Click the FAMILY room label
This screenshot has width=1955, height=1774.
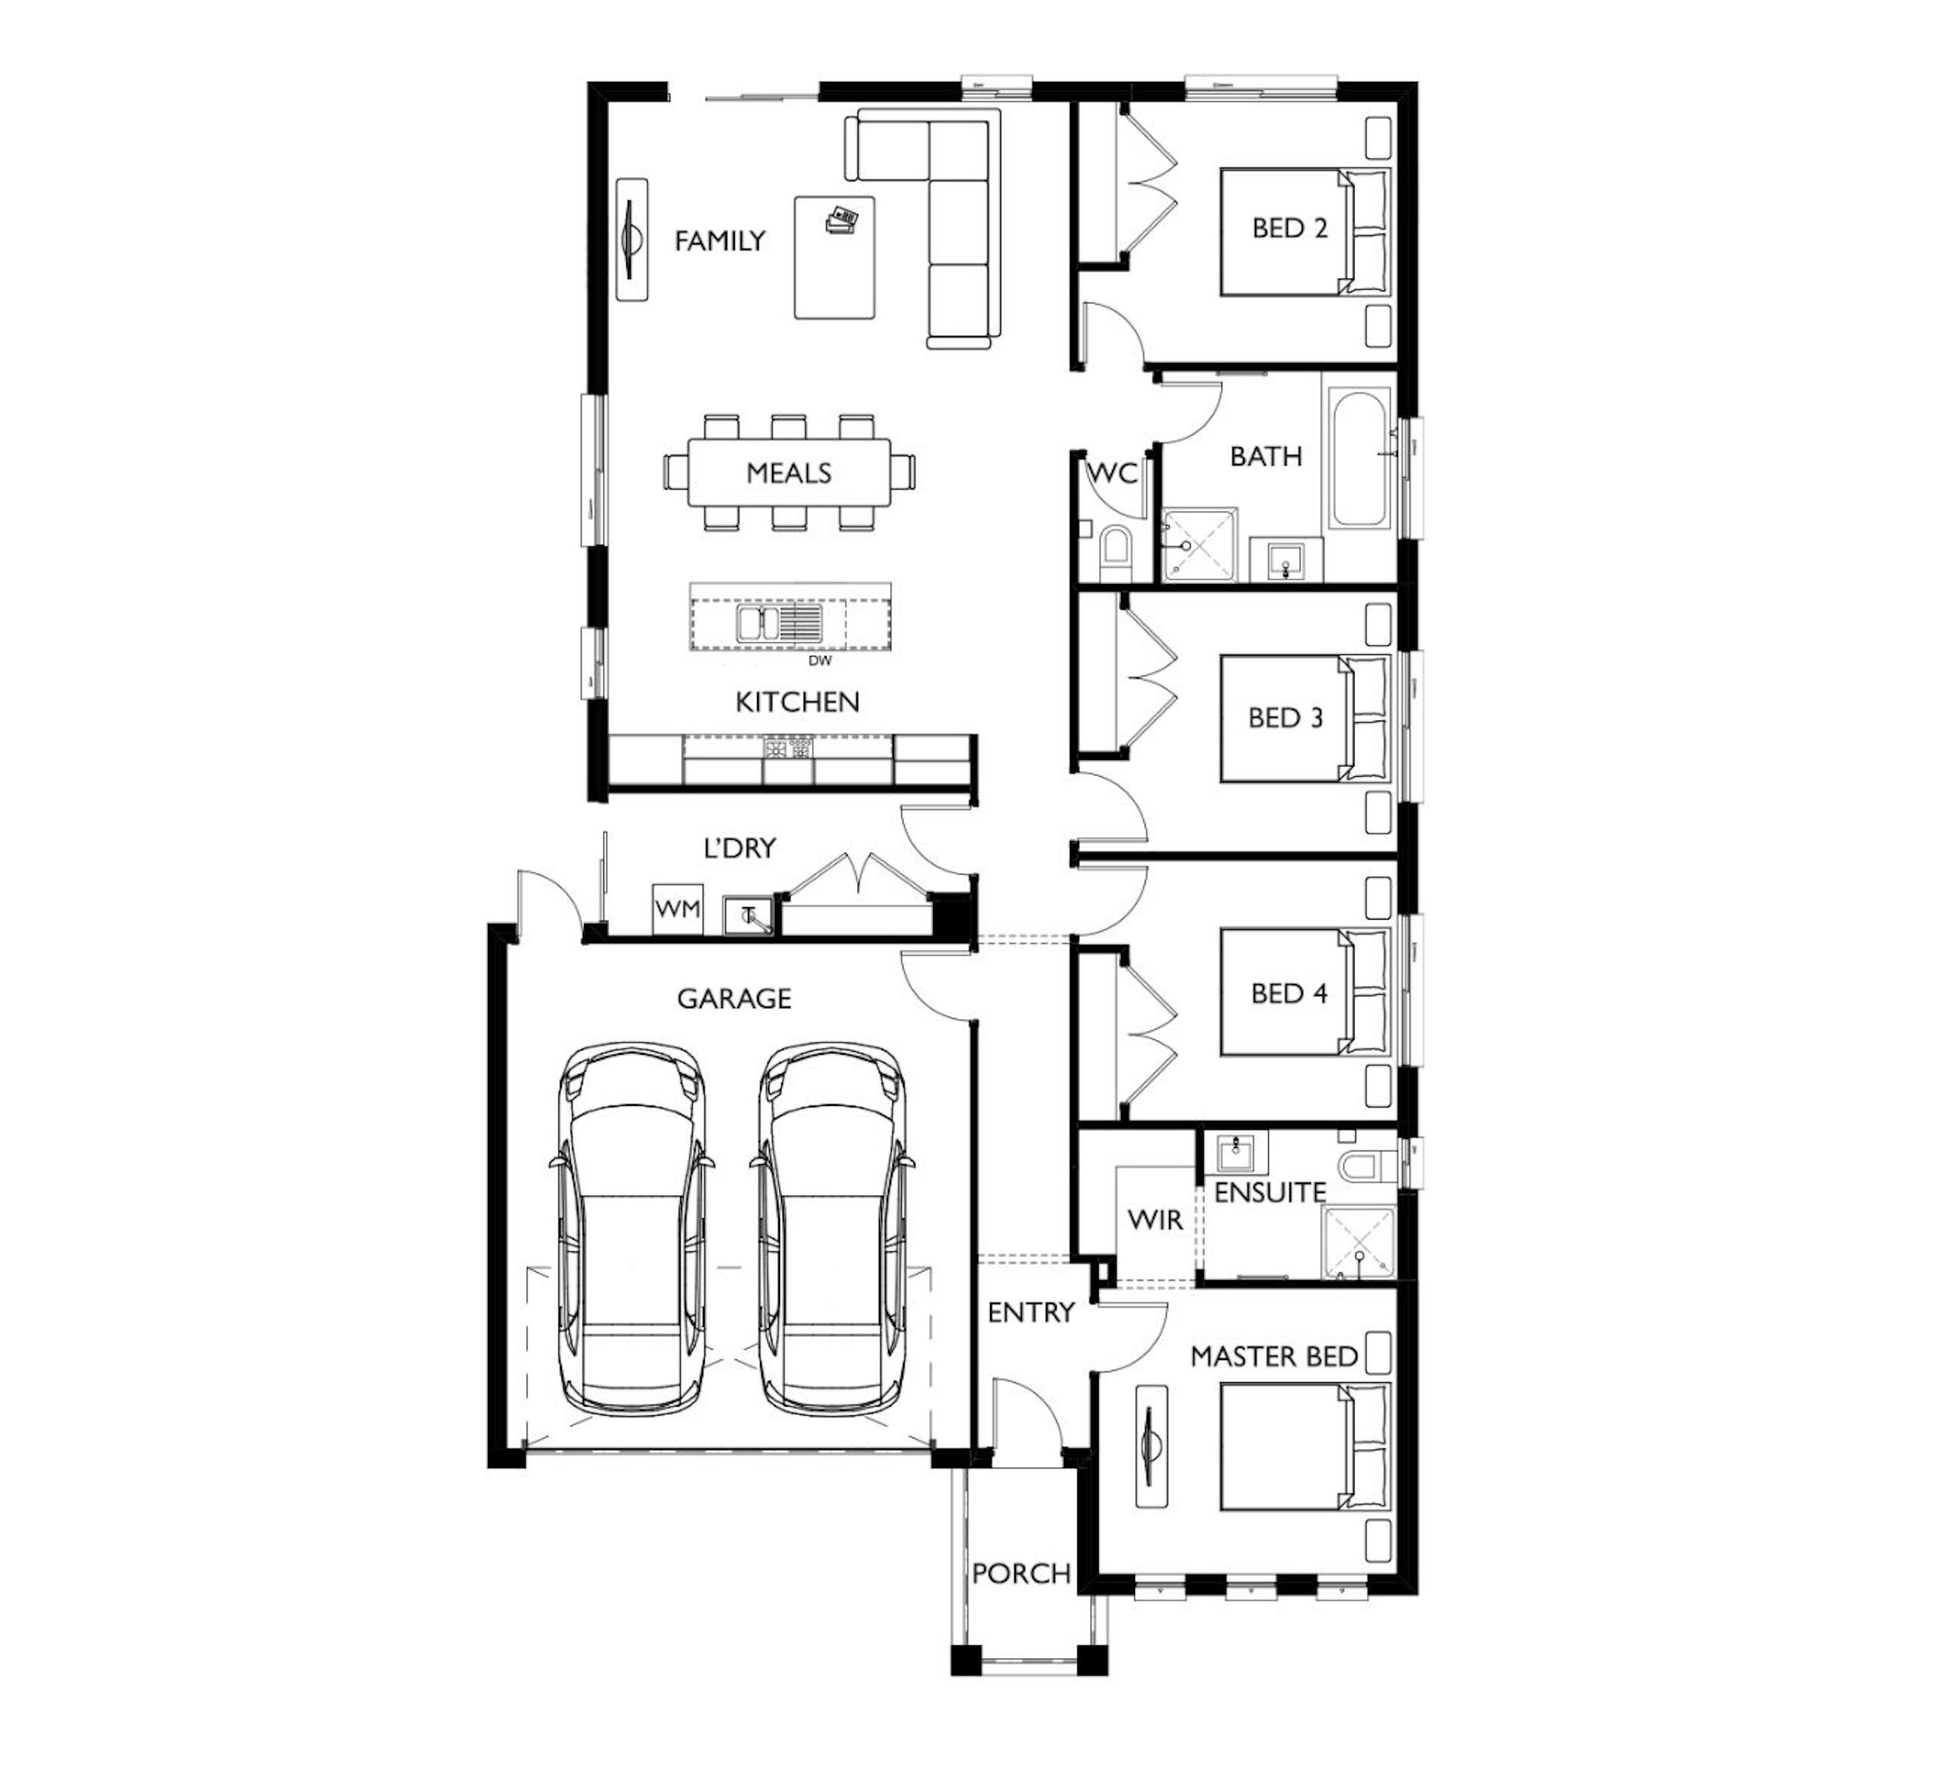pos(719,240)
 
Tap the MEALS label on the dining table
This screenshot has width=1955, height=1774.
pos(788,473)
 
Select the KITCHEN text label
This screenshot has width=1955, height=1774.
pos(797,702)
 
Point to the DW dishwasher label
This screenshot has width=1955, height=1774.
pos(819,661)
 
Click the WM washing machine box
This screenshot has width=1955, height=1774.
pos(677,908)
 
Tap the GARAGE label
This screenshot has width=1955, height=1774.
pos(734,999)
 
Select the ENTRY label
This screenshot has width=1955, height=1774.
pos(1031,1313)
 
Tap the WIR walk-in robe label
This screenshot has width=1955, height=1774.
pos(1155,1220)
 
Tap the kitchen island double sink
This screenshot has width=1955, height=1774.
pos(779,622)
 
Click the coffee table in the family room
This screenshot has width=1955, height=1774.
pos(834,257)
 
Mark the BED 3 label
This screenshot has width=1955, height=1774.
pos(1286,718)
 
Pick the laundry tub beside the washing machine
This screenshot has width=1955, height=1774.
pos(748,914)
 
